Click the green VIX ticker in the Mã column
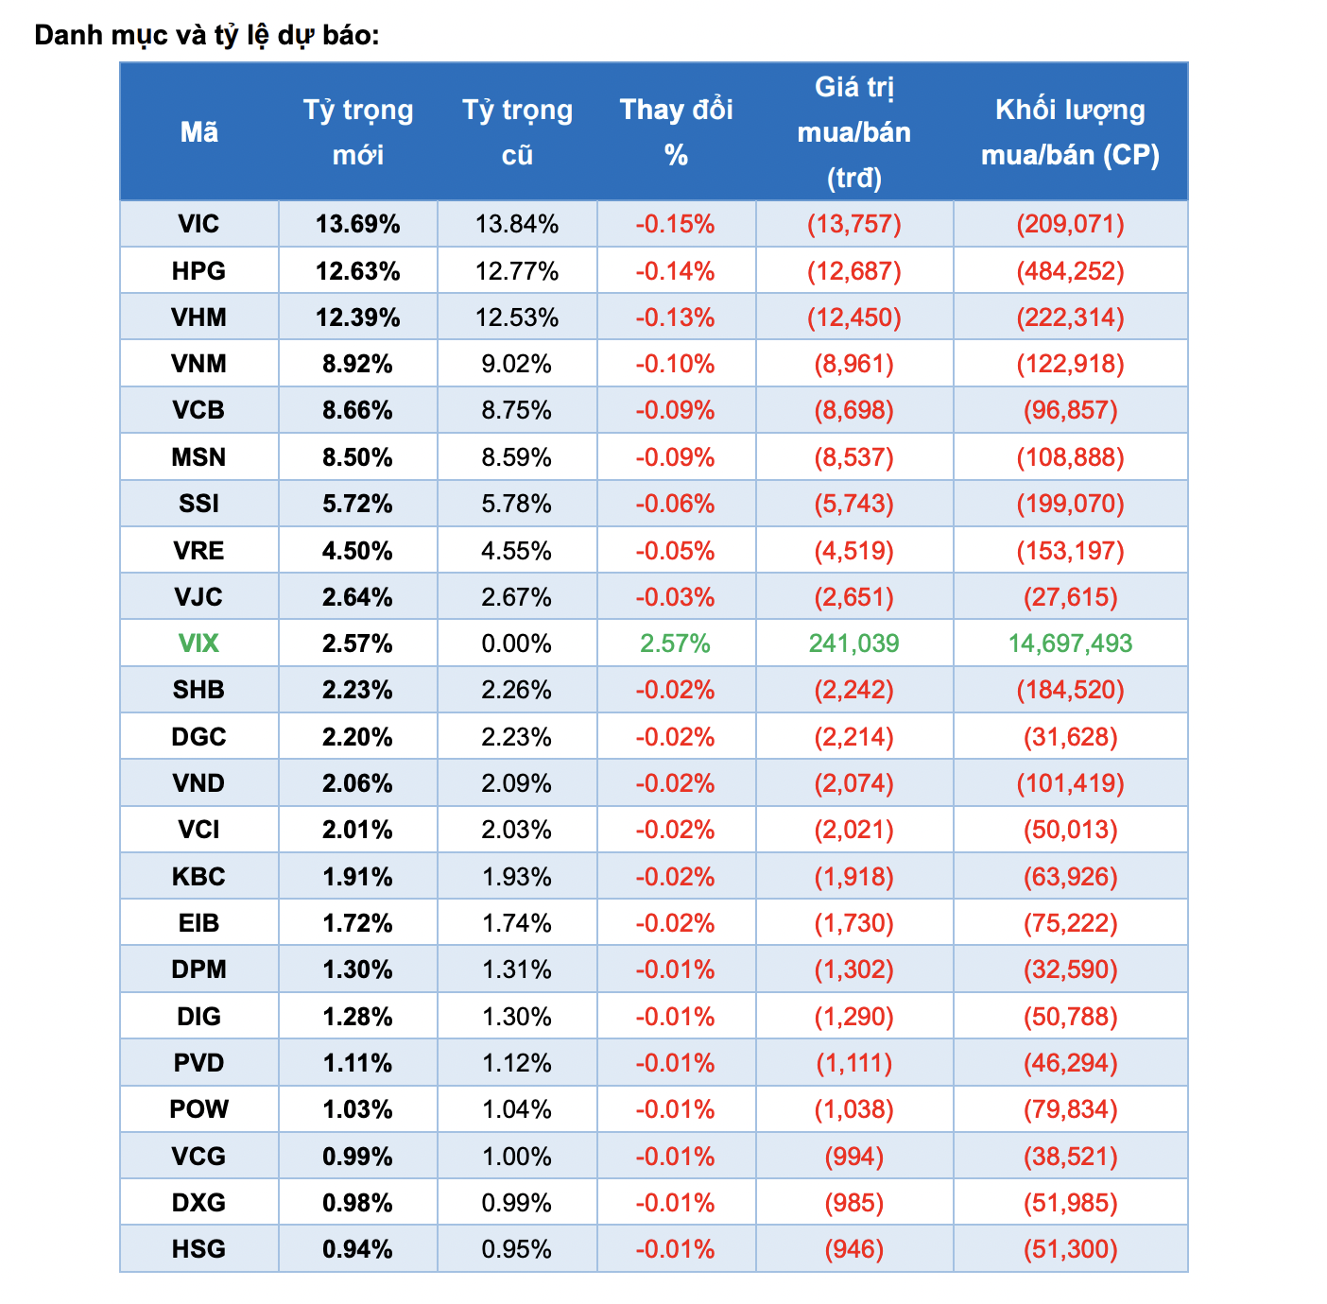198,643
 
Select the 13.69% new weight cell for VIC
357,224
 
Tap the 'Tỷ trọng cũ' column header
517,132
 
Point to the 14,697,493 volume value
1070,643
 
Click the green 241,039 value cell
853,643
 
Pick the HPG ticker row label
198,271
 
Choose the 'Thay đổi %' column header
676,132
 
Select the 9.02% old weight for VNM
517,364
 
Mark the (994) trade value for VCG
853,1157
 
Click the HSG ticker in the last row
198,1249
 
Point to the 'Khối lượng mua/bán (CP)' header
1070,132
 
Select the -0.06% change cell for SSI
675,504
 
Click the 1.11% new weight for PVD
357,1063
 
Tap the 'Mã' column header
198,132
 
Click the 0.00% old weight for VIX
517,643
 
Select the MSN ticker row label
198,457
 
